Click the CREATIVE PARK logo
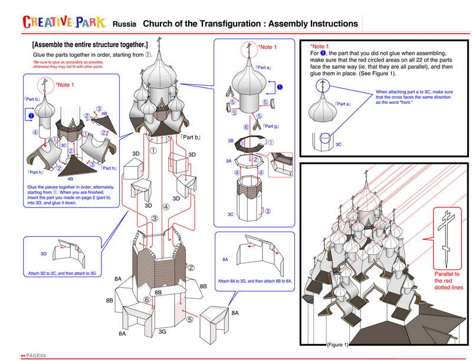click(x=64, y=22)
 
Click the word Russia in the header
click(x=124, y=24)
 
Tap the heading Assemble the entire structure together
click(x=90, y=45)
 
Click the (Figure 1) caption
click(x=338, y=344)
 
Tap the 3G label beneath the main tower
click(x=163, y=333)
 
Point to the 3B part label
click(x=231, y=141)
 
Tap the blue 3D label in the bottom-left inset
click(x=43, y=253)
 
